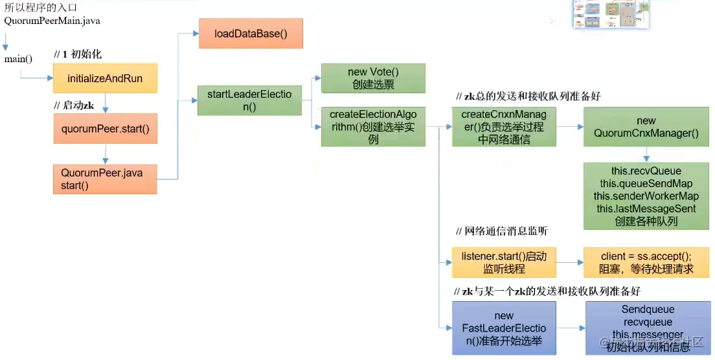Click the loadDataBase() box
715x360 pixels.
click(250, 33)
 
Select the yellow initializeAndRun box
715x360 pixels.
click(105, 78)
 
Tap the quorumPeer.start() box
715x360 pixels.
click(105, 129)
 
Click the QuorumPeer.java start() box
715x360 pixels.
click(105, 179)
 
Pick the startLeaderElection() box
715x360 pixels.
click(249, 100)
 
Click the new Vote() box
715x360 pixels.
click(373, 78)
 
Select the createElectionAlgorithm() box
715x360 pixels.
click(373, 127)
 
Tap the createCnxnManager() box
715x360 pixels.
click(503, 127)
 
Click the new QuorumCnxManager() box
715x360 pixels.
click(646, 127)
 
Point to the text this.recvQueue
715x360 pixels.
click(646, 172)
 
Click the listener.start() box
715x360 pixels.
click(503, 262)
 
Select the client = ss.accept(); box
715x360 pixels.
click(646, 262)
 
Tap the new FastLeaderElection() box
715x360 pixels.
click(503, 328)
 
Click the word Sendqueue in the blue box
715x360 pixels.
click(648, 310)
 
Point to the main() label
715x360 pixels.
click(18, 60)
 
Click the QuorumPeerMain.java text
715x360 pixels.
click(52, 21)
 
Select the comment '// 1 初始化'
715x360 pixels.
click(78, 54)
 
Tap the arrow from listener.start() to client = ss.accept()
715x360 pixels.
click(569, 262)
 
